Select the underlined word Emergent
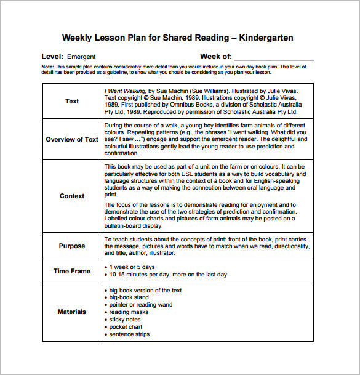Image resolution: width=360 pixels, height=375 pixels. (x=81, y=57)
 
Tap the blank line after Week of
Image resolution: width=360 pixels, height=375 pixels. (x=274, y=57)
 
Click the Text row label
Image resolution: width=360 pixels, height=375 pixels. (x=72, y=101)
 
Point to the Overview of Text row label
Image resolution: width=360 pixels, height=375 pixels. (x=72, y=139)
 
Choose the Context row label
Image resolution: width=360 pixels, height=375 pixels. (x=72, y=196)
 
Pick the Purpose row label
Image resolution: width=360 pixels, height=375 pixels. (x=72, y=246)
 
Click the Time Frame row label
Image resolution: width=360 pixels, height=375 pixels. (x=72, y=271)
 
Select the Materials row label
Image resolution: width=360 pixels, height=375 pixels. (x=72, y=312)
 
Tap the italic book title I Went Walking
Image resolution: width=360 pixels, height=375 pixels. (x=125, y=90)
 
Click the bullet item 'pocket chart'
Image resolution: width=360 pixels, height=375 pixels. (x=126, y=327)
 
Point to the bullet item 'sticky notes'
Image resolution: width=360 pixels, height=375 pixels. (x=125, y=320)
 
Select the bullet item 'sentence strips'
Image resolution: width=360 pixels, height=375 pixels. (x=129, y=334)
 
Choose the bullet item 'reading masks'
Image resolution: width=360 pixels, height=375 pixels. (x=128, y=312)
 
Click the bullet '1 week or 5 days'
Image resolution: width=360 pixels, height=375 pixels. (x=132, y=267)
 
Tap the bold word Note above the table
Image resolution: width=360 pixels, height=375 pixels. (x=47, y=66)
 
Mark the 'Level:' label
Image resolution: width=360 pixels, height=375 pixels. (x=52, y=57)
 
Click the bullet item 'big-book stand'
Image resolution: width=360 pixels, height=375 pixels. (x=130, y=297)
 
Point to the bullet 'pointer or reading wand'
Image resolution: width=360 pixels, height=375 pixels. (x=141, y=305)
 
